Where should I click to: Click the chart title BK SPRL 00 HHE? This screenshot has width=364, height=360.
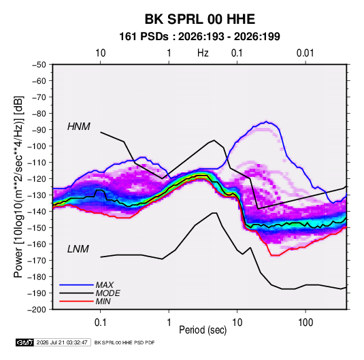(x=200, y=19)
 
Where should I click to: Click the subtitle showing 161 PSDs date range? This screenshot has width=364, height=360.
(x=199, y=37)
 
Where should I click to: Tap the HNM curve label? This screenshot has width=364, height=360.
(x=79, y=127)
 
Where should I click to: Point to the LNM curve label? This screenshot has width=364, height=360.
(x=78, y=249)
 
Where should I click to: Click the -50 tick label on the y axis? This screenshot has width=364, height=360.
(x=39, y=65)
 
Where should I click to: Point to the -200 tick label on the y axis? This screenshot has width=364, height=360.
(x=37, y=310)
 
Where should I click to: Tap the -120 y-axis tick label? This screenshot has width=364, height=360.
(x=37, y=179)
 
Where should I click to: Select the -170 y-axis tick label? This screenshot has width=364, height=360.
(x=37, y=261)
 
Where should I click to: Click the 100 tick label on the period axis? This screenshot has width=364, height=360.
(x=305, y=322)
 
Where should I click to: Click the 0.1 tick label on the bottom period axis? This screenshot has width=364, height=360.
(x=100, y=322)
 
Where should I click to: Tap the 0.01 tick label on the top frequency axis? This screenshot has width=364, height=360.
(x=305, y=53)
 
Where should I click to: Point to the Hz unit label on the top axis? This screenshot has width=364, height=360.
(x=203, y=53)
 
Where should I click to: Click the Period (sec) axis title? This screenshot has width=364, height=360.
(x=203, y=330)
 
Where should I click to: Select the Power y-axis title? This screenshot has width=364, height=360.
(x=18, y=187)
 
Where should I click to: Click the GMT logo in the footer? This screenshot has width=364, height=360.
(x=24, y=342)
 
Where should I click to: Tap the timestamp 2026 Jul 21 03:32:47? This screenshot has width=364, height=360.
(x=62, y=342)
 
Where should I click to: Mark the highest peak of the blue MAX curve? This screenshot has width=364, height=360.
(x=267, y=121)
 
